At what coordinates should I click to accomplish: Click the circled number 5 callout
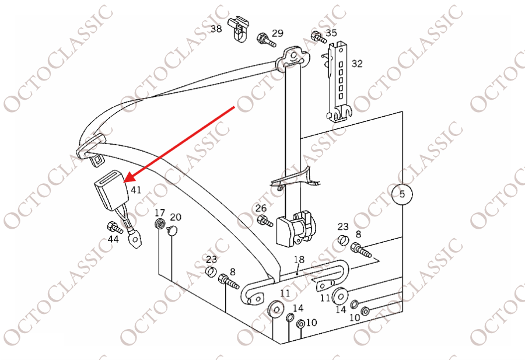[402, 194]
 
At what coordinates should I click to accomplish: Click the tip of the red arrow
[125, 181]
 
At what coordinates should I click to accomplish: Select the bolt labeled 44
[115, 228]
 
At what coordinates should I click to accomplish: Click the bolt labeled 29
[266, 40]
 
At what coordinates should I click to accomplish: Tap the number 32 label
[357, 63]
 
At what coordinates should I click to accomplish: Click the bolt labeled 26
[265, 221]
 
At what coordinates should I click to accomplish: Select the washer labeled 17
[160, 223]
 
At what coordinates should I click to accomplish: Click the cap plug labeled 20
[173, 230]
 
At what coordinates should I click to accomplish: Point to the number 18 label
[299, 260]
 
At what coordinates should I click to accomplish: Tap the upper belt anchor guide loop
[292, 58]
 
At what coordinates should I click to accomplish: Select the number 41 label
[135, 190]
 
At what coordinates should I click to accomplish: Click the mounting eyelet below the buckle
[135, 240]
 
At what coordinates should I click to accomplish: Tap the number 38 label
[216, 29]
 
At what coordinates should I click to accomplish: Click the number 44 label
[113, 239]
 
